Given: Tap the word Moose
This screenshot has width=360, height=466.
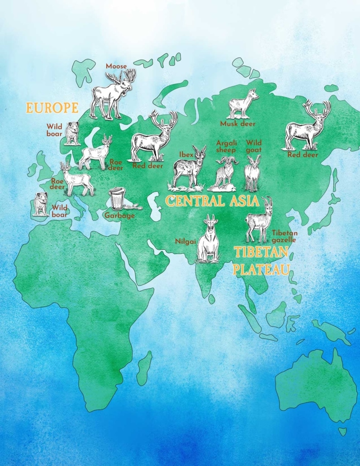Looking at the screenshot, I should pos(116,66).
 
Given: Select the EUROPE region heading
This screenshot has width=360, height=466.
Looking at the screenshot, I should pos(52,108).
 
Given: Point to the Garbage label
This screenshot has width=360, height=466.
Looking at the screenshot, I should pos(120,215).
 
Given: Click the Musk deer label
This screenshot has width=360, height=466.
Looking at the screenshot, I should pos(238,124).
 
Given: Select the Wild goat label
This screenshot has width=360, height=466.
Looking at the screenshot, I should pos(254,146).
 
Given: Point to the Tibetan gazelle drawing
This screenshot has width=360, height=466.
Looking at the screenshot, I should pos(258,219).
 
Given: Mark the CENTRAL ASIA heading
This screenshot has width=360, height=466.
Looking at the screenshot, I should pos(212,201).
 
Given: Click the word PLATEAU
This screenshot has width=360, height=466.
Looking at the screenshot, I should pos(261,270).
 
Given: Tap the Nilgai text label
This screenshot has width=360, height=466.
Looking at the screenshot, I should pos(185,241).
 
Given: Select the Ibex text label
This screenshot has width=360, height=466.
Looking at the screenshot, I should pos(186,155).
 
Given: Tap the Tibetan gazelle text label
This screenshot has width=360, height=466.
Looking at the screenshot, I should pos(284,236).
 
